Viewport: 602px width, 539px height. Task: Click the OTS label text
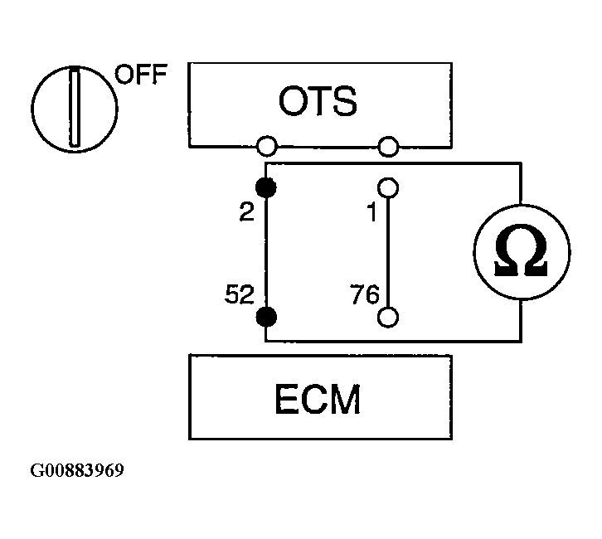[318, 102]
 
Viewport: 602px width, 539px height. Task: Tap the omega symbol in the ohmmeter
[521, 253]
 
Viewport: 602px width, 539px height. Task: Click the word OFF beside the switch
[140, 75]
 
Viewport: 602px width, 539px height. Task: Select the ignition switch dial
[74, 109]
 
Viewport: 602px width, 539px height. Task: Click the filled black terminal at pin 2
[266, 188]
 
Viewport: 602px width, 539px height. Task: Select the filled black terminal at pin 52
[266, 317]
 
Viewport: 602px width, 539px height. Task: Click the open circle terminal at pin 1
[388, 188]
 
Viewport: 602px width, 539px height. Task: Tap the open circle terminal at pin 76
[388, 317]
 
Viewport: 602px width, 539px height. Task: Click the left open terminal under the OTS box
[266, 147]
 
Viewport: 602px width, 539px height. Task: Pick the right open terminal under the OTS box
[388, 147]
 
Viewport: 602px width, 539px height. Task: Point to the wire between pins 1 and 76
[388, 253]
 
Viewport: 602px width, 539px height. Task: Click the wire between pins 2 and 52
[266, 253]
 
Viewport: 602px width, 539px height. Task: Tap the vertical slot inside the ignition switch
[74, 109]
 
